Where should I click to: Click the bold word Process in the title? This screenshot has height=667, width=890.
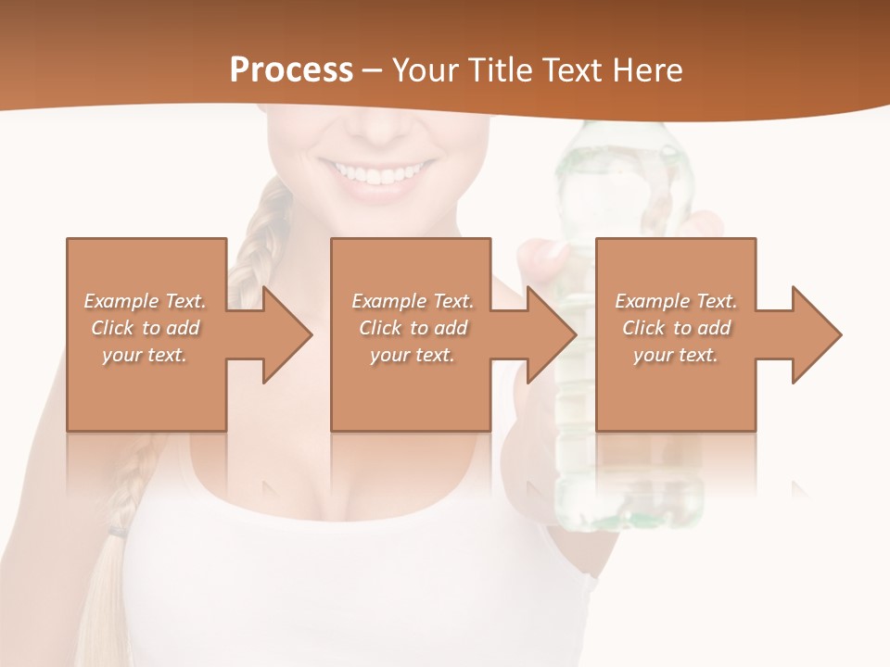coord(291,70)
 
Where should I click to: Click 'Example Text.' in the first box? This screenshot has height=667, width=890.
coord(145,301)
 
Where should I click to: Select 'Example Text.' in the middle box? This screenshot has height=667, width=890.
coord(413,301)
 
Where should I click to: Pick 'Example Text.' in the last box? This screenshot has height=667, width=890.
coord(676,301)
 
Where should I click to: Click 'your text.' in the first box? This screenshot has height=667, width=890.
coord(145,355)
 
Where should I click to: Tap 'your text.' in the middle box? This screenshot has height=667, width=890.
coord(413,355)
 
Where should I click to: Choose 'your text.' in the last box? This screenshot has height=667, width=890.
coord(676,355)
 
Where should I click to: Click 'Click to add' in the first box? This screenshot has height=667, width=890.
coord(145,328)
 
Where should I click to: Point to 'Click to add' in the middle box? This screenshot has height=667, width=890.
coord(413,328)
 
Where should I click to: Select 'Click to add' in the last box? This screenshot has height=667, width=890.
coord(676,328)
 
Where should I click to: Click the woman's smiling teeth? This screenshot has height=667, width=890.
coord(375,173)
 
